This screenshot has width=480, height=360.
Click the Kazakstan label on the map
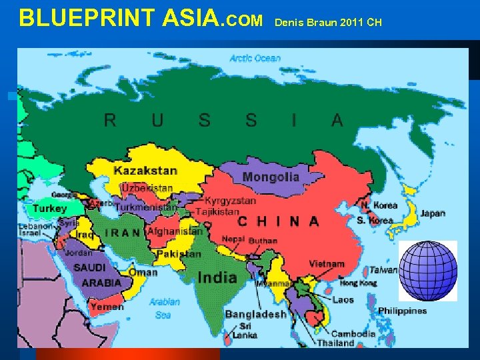tap(145, 171)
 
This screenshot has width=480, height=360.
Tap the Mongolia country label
tap(271, 177)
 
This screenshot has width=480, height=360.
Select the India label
tap(217, 277)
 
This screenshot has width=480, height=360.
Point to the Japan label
tap(433, 213)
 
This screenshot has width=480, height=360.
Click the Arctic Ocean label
tap(255, 58)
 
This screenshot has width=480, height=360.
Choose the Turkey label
tap(49, 209)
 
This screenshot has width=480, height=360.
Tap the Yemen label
tap(107, 307)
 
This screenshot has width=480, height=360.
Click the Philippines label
tap(402, 311)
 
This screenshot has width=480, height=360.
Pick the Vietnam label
tap(327, 264)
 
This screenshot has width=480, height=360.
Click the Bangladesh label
tap(255, 314)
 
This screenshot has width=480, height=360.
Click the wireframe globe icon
tap(428, 271)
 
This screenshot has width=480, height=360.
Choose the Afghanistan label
tap(175, 231)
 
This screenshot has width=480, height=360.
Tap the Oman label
tap(143, 272)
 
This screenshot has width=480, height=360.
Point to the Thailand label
tap(335, 343)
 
